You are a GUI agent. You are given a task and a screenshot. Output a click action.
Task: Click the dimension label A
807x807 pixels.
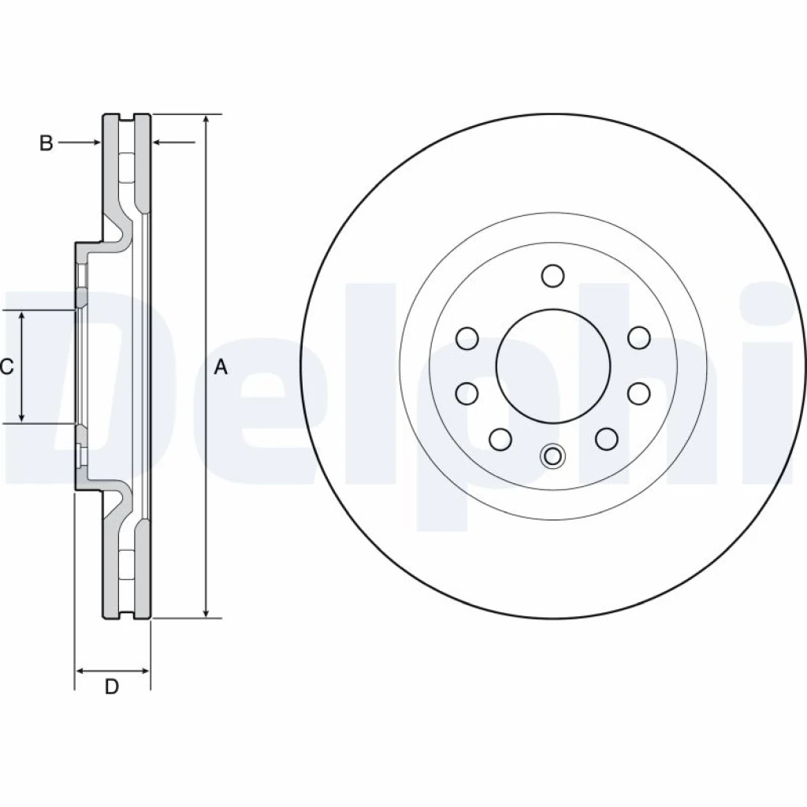click(221, 367)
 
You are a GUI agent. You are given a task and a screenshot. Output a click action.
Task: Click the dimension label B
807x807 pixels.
click(46, 143)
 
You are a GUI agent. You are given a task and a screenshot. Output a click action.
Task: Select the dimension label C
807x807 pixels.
click(6, 367)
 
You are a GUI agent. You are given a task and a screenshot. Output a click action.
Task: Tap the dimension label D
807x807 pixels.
click(112, 686)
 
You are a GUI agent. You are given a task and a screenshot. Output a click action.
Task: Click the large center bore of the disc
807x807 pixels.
click(552, 366)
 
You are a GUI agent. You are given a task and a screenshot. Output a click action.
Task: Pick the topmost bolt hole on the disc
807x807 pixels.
click(552, 275)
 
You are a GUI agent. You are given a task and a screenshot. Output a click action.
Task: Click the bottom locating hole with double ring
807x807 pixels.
click(552, 456)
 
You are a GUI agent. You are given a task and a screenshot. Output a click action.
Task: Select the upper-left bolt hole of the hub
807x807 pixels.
click(467, 338)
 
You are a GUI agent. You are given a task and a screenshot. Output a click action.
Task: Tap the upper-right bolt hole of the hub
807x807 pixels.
click(638, 338)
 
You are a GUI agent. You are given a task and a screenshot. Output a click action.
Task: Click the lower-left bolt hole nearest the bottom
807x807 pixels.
click(500, 439)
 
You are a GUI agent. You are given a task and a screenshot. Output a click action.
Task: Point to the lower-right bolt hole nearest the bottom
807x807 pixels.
click(606, 439)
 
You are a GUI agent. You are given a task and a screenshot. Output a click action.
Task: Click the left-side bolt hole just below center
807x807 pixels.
click(467, 394)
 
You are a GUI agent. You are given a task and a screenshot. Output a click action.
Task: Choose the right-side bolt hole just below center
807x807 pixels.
click(638, 394)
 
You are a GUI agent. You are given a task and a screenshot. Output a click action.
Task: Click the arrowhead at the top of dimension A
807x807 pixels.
click(206, 119)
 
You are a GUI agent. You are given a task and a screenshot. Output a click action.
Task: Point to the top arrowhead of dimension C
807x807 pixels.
click(21, 315)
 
